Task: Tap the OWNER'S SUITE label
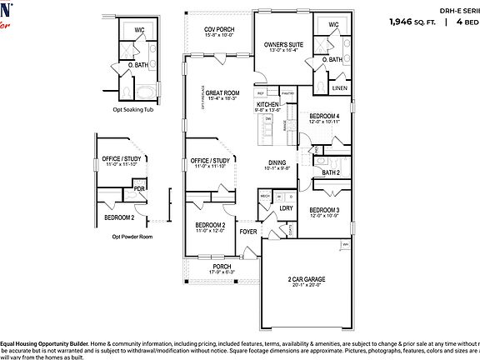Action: [282, 43]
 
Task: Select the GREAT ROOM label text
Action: [222, 92]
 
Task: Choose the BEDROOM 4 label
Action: [325, 116]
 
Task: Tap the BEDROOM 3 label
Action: [325, 209]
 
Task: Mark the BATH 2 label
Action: [331, 172]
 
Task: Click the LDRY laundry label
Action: [286, 208]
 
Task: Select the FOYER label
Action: [248, 231]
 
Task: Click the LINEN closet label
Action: [339, 87]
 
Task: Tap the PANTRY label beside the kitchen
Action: [288, 93]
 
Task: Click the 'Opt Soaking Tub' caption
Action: [133, 108]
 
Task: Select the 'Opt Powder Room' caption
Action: [132, 236]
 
